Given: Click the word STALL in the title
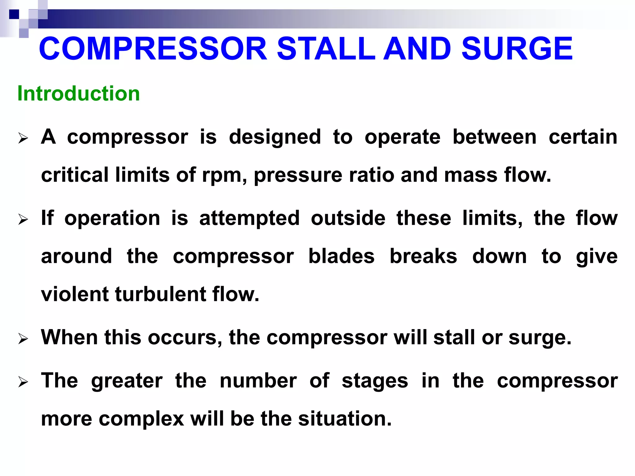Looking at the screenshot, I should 326,49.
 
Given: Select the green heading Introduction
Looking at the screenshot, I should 79,93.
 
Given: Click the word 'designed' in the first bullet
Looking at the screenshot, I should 275,137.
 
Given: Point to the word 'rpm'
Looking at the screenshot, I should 222,176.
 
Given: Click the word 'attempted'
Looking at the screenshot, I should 250,218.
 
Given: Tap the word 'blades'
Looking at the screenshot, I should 341,256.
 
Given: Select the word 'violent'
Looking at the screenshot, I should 75,294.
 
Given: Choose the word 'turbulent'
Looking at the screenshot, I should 160,294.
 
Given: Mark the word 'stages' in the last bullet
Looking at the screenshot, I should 375,381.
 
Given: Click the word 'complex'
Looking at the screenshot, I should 141,419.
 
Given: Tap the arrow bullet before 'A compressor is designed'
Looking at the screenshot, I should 23,138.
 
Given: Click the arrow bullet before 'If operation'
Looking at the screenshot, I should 23,219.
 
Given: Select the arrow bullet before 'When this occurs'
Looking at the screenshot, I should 23,339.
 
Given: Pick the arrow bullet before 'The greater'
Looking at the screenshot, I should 23,382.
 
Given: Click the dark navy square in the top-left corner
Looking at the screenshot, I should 14,14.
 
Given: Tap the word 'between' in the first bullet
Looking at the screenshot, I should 495,137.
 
